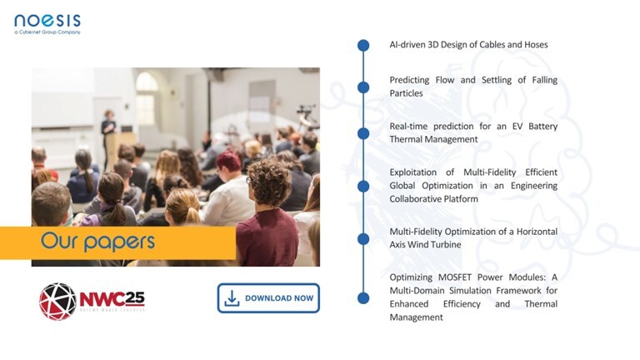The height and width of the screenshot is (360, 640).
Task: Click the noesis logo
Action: pyautogui.click(x=47, y=24)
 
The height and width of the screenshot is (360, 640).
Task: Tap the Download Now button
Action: pyautogui.click(x=268, y=298)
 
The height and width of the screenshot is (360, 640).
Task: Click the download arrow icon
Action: pyautogui.click(x=232, y=298)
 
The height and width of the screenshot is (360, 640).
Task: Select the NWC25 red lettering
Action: pyautogui.click(x=112, y=299)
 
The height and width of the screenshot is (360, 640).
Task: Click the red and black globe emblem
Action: pyautogui.click(x=57, y=301)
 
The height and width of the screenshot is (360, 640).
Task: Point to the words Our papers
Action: pyautogui.click(x=97, y=242)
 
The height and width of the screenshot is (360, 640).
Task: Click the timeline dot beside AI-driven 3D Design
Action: pyautogui.click(x=363, y=45)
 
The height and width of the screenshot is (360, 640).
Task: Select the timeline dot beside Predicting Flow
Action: pyautogui.click(x=363, y=87)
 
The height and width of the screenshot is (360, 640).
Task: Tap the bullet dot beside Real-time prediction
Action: pyautogui.click(x=363, y=133)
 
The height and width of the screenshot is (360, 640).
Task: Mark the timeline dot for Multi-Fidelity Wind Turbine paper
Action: pyautogui.click(x=363, y=239)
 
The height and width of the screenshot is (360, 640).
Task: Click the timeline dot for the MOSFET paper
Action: pyautogui.click(x=363, y=298)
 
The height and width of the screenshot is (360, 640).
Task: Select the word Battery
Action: pyautogui.click(x=542, y=127)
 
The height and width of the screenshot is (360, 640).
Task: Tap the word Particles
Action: pyautogui.click(x=406, y=93)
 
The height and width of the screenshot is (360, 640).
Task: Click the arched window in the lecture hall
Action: pyautogui.click(x=146, y=98)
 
